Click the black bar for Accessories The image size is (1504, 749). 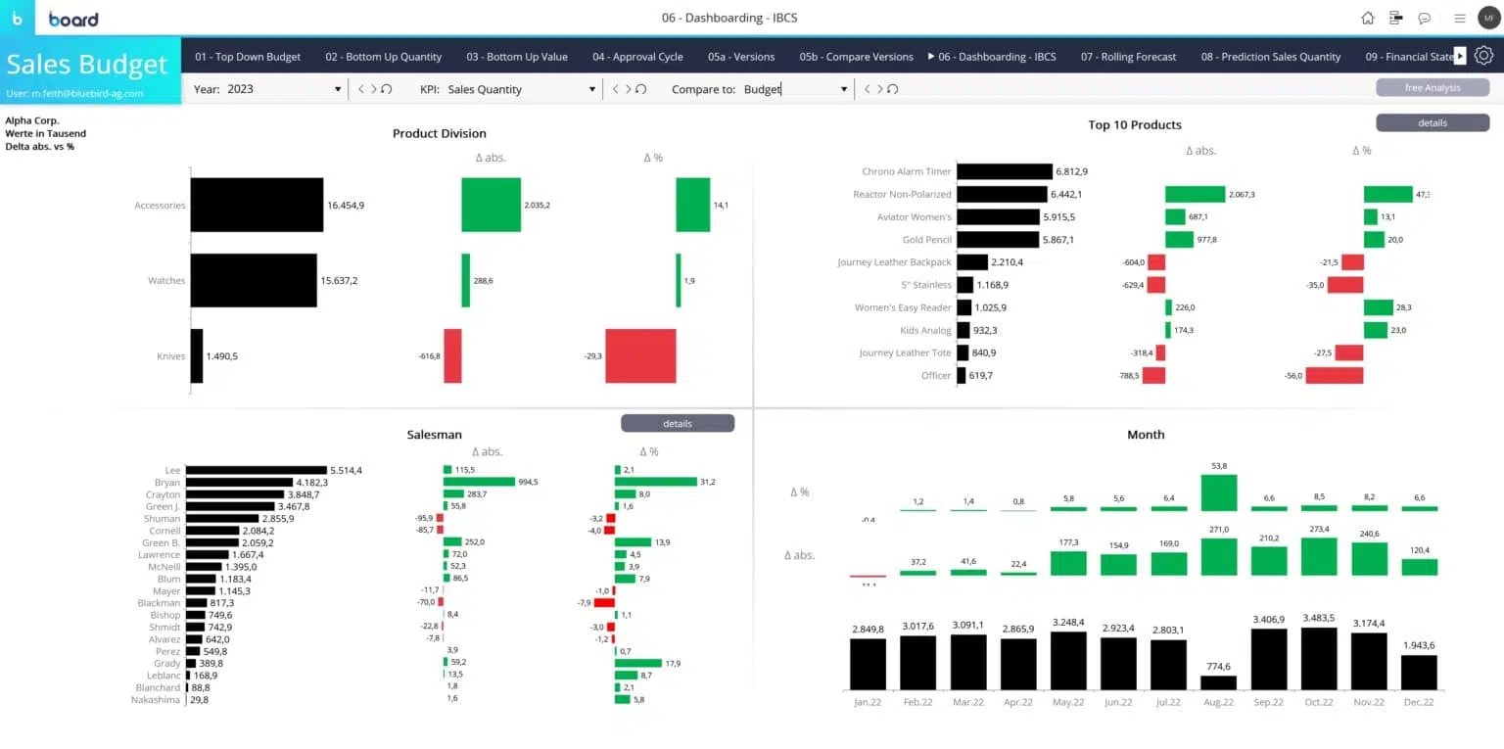257,205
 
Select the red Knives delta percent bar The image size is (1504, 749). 640,355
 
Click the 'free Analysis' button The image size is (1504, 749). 1432,88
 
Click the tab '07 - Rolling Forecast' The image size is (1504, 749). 1128,57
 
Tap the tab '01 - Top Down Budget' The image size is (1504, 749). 248,57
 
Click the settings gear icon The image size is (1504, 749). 1483,56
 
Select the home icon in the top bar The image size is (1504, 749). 1368,18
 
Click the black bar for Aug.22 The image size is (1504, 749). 1218,682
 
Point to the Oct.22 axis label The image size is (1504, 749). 1318,702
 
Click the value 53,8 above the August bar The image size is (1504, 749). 1219,466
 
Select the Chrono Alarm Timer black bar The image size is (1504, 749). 1004,171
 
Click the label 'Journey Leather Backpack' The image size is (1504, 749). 894,262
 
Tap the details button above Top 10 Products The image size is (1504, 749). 1432,122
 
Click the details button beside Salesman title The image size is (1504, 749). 677,424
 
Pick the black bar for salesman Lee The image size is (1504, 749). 256,470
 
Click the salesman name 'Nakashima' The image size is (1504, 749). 156,700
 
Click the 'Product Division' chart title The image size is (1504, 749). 439,133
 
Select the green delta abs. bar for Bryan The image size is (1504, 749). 479,482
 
